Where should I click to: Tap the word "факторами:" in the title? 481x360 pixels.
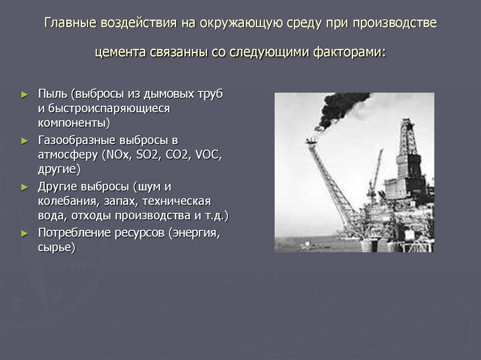pyautogui.click(x=349, y=53)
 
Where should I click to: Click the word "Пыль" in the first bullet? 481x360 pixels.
pyautogui.click(x=53, y=94)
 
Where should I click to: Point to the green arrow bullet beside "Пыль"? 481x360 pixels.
pyautogui.click(x=24, y=94)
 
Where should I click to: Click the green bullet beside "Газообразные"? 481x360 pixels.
pyautogui.click(x=24, y=141)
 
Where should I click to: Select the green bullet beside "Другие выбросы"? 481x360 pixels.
pyautogui.click(x=24, y=187)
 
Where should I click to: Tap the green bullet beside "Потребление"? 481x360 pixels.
pyautogui.click(x=24, y=234)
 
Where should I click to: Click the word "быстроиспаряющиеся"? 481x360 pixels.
pyautogui.click(x=109, y=108)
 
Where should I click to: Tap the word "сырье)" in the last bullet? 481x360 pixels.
pyautogui.click(x=56, y=247)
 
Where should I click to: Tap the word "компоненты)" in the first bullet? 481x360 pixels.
pyautogui.click(x=74, y=123)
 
